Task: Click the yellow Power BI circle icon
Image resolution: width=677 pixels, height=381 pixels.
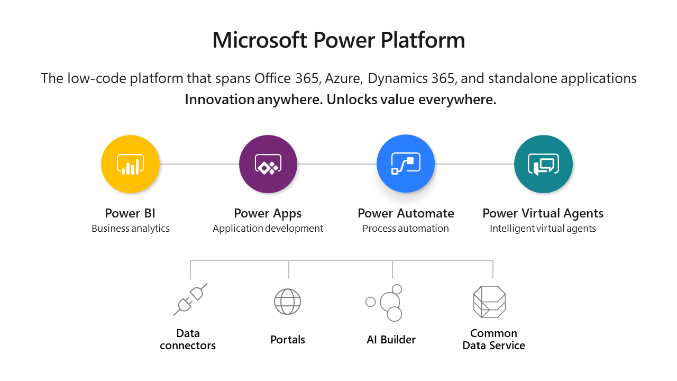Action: [x=130, y=164]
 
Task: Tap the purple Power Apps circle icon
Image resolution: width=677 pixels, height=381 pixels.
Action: [x=268, y=164]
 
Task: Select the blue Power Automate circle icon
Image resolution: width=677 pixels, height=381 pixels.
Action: [x=406, y=164]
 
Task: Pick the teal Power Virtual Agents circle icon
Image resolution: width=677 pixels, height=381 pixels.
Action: [x=543, y=164]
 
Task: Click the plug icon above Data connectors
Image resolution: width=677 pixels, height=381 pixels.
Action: [x=190, y=300]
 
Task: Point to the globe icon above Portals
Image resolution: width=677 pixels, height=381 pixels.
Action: [x=287, y=302]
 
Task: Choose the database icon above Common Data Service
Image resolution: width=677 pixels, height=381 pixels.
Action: [x=489, y=302]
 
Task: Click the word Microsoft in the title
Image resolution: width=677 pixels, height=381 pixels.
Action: [x=260, y=40]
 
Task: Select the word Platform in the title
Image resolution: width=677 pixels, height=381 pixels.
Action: [x=423, y=40]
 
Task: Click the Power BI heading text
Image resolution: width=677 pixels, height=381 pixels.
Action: [x=130, y=213]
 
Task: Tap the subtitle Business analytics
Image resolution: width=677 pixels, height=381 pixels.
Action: [x=131, y=228]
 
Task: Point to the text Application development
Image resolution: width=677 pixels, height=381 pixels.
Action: [x=268, y=228]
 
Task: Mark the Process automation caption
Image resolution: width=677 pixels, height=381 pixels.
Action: [x=406, y=228]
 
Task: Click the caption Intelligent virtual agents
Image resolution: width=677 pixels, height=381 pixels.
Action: [x=543, y=228]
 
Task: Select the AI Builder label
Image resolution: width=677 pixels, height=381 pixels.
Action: [x=391, y=340]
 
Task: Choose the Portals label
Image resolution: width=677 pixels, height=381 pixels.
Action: [x=288, y=340]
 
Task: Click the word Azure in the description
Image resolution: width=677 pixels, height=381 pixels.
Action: [x=344, y=78]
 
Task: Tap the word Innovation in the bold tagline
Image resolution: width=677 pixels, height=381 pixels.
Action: [x=219, y=99]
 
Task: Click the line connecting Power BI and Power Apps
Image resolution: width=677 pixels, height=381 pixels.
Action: [x=199, y=164]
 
